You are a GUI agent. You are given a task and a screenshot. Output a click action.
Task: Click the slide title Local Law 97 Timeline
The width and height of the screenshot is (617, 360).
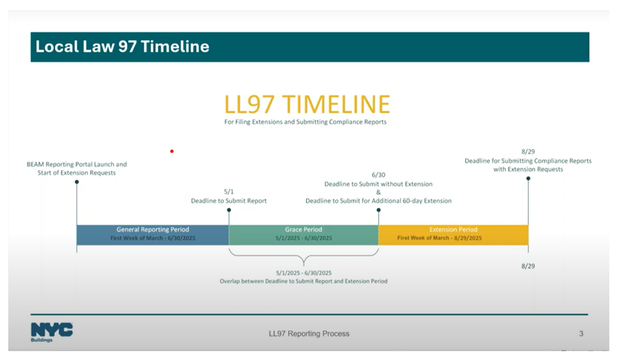[x=122, y=47]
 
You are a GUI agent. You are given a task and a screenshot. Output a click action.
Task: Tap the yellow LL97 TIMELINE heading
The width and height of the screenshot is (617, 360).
[x=307, y=104]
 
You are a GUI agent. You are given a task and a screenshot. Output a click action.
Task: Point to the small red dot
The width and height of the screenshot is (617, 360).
[x=172, y=151]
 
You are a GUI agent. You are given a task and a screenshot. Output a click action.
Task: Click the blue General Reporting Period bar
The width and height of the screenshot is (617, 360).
[x=152, y=234]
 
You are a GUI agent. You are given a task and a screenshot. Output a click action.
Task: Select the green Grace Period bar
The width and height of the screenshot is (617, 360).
[x=303, y=234]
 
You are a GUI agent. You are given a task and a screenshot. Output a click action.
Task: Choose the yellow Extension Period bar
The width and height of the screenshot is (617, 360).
[x=453, y=234]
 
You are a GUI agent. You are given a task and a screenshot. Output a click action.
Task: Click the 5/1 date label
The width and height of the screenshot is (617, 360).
[x=229, y=192]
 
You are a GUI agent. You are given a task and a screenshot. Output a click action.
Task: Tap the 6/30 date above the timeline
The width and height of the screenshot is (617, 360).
[x=378, y=175]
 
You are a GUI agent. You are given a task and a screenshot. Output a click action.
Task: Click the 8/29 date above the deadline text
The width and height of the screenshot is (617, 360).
[x=528, y=152]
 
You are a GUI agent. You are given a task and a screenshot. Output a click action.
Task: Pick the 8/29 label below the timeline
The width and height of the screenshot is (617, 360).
[x=528, y=266]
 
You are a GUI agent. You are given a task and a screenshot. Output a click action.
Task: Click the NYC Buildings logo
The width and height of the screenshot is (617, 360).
[x=52, y=332]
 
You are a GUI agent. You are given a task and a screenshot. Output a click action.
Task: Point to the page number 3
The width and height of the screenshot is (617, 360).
[x=581, y=334]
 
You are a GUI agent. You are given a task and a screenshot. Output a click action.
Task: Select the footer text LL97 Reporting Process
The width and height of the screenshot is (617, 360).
[x=309, y=334]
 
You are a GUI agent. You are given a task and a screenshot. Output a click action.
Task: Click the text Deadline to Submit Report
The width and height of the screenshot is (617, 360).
[x=229, y=201]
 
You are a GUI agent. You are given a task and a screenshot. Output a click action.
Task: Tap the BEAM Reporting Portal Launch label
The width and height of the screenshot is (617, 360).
[x=76, y=164]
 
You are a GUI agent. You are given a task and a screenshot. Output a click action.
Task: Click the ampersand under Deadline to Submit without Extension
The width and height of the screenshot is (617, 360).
[x=378, y=192]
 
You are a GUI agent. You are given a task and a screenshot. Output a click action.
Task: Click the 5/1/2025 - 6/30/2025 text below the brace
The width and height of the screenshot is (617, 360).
[x=303, y=272]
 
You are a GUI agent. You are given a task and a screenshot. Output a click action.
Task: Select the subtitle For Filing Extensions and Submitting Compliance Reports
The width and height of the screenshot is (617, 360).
[x=305, y=122]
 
